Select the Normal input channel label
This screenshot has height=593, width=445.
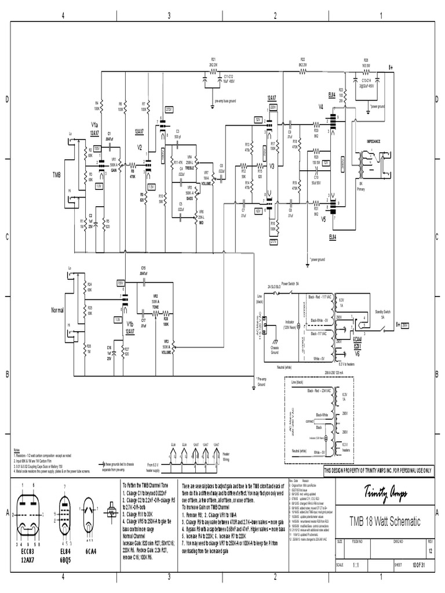[57, 310]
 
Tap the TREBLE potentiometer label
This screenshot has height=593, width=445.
[190, 168]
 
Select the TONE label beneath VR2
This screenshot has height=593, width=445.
[155, 308]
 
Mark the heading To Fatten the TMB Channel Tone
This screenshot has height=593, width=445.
[149, 482]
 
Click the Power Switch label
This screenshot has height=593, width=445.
[290, 285]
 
